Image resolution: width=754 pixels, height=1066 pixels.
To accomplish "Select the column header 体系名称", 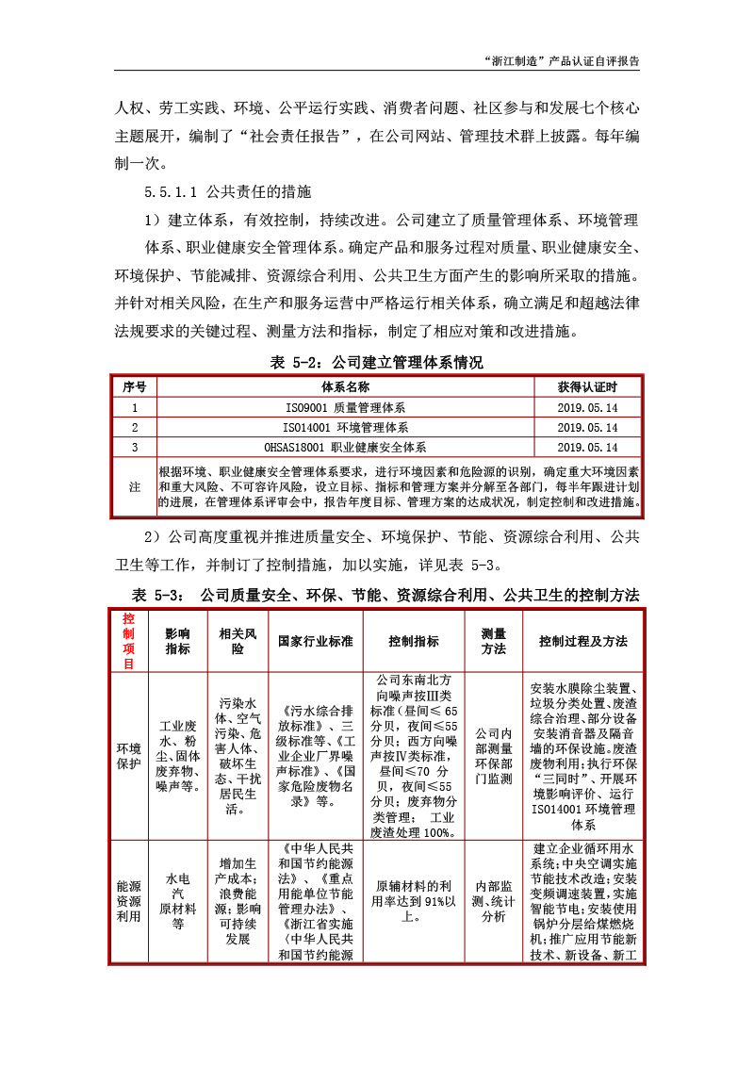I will (345, 387).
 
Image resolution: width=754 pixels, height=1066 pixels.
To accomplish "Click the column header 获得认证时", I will (587, 387).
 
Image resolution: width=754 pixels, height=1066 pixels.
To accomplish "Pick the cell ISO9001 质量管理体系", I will (345, 408).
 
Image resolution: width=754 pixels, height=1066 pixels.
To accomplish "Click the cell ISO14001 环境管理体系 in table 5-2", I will (345, 427).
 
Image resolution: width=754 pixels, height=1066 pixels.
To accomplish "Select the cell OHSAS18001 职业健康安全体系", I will (345, 447).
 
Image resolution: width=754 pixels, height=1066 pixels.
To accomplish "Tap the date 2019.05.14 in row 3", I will (587, 447).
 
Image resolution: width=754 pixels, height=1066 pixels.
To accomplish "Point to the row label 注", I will (135, 486).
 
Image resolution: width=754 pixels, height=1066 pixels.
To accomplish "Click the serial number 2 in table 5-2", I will (135, 427).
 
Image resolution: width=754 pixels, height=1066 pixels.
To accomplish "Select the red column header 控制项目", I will (128, 641).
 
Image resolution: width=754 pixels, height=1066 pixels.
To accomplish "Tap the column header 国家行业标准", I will (315, 641).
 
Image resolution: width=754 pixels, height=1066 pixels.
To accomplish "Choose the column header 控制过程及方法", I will (583, 641).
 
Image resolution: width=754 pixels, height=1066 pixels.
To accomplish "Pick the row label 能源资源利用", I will (128, 902).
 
